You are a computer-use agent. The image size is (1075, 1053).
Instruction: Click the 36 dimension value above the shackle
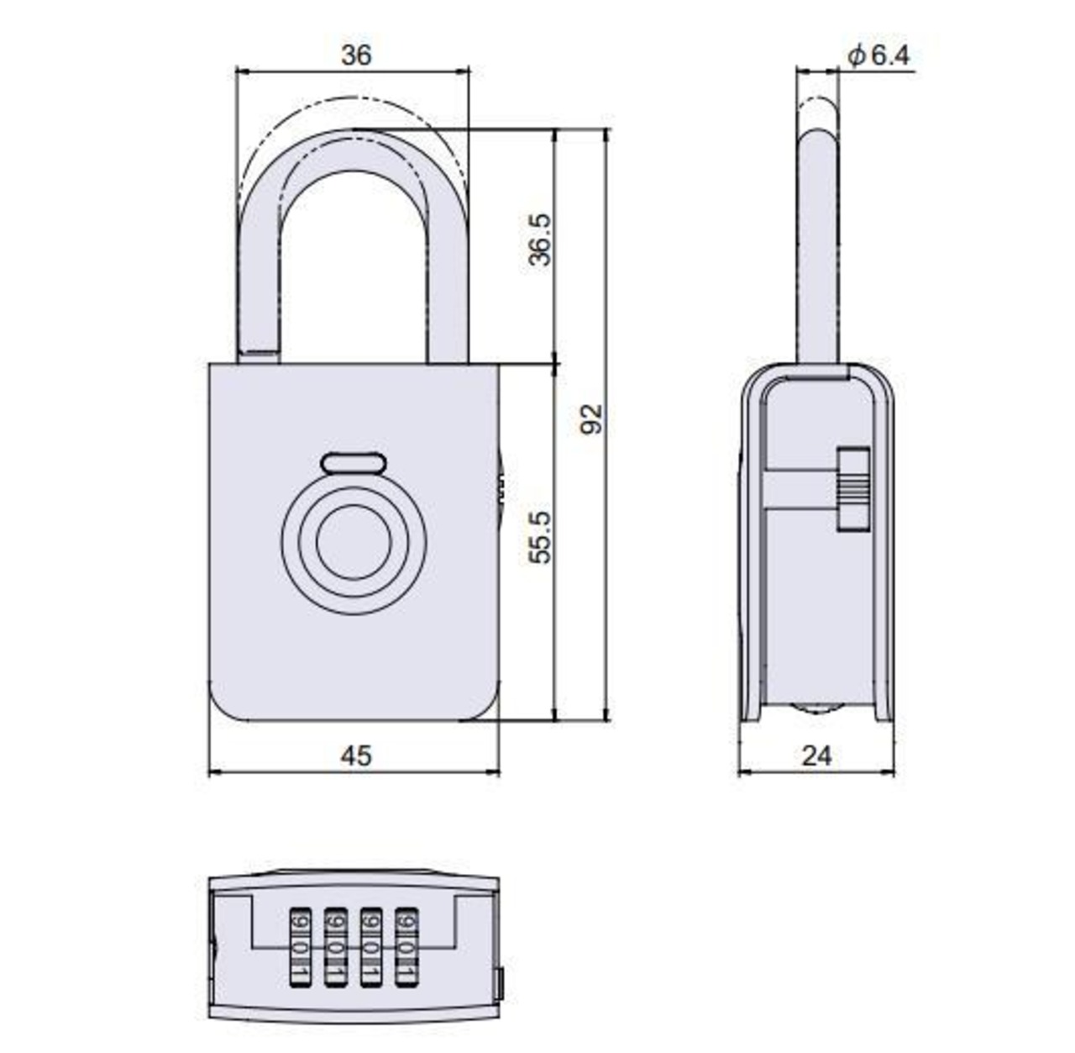(x=355, y=55)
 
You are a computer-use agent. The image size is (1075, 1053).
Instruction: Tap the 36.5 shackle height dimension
(x=541, y=240)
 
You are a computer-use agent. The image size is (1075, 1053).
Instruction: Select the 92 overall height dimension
(x=593, y=419)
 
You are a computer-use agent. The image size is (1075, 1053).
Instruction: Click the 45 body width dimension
(x=356, y=756)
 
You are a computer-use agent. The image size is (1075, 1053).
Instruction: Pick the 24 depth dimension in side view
(x=816, y=756)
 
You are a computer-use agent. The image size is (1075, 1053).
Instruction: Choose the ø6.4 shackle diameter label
(x=878, y=56)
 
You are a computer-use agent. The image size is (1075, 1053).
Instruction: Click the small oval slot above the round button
(x=354, y=463)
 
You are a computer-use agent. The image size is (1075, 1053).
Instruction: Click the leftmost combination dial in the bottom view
(x=301, y=945)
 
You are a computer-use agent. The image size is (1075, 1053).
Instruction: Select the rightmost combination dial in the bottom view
(x=407, y=945)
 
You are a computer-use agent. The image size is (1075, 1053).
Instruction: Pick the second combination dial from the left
(x=336, y=945)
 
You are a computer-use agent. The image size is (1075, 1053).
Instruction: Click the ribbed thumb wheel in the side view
(x=853, y=489)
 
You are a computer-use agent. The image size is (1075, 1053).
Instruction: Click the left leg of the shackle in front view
(x=259, y=277)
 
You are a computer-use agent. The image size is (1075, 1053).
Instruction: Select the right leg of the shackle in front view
(x=447, y=277)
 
